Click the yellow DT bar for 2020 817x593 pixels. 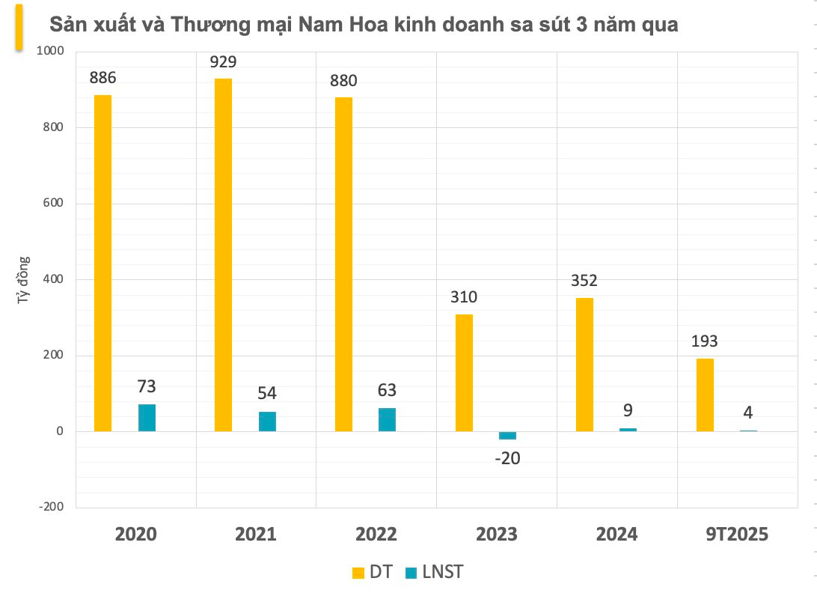pyautogui.click(x=102, y=263)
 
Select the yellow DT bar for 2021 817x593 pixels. pyautogui.click(x=223, y=255)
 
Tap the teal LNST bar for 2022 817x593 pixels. pyautogui.click(x=387, y=419)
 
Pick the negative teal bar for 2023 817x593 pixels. pyautogui.click(x=507, y=436)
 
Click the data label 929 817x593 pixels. pyautogui.click(x=223, y=63)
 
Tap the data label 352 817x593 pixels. pyautogui.click(x=584, y=282)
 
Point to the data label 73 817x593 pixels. pyautogui.click(x=147, y=387)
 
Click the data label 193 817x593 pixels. pyautogui.click(x=705, y=341)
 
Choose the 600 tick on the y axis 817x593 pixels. pyautogui.click(x=54, y=204)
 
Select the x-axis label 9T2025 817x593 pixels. pyautogui.click(x=737, y=535)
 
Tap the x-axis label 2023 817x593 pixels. pyautogui.click(x=497, y=535)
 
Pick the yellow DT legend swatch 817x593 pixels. pyautogui.click(x=358, y=573)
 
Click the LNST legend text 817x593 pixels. pyautogui.click(x=442, y=573)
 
